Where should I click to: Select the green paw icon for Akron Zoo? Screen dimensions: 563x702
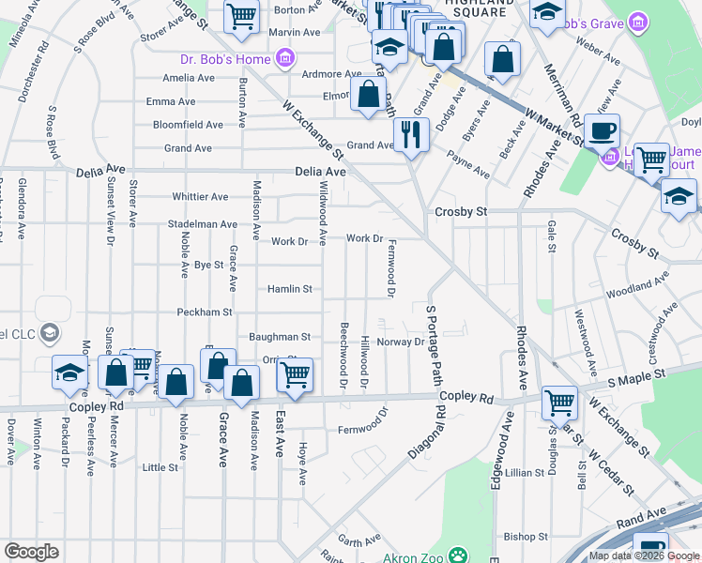point(458,555)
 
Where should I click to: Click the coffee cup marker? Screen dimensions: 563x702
point(602,130)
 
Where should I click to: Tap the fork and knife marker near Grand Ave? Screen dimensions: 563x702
point(411,134)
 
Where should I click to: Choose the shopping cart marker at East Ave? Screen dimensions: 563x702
point(295,374)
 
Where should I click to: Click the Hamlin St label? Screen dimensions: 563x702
point(289,289)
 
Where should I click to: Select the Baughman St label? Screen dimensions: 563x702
point(279,336)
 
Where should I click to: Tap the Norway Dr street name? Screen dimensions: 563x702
point(401,342)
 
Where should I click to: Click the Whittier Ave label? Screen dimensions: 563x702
point(200,197)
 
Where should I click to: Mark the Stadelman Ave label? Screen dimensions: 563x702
point(202,224)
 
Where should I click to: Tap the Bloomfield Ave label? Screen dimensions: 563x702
point(189,124)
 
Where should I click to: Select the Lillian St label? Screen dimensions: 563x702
point(525,474)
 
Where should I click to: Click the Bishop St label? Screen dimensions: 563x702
point(525,537)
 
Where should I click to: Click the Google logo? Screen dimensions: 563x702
point(31,552)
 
